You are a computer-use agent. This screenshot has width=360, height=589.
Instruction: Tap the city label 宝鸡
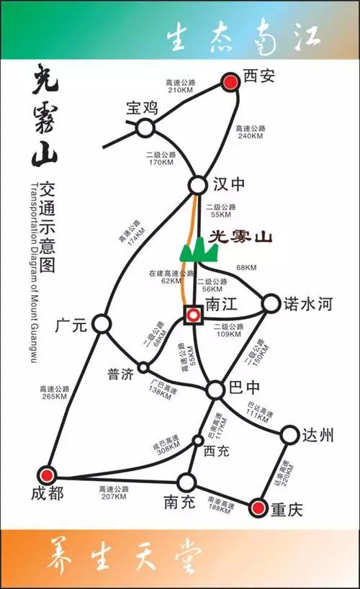click(141, 109)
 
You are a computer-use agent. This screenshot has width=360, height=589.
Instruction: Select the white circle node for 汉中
click(198, 185)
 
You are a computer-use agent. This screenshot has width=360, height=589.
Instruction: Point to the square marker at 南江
click(193, 315)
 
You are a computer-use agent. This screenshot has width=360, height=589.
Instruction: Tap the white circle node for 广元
click(102, 323)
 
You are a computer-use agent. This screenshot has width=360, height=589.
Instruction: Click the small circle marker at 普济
click(143, 367)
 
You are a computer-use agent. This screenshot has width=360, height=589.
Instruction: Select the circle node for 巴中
click(216, 390)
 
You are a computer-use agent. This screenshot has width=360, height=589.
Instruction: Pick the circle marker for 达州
click(289, 435)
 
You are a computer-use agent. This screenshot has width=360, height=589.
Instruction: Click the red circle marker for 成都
click(48, 475)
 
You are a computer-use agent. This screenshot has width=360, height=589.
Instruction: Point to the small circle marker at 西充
click(198, 440)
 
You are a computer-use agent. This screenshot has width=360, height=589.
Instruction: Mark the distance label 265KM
click(55, 396)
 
